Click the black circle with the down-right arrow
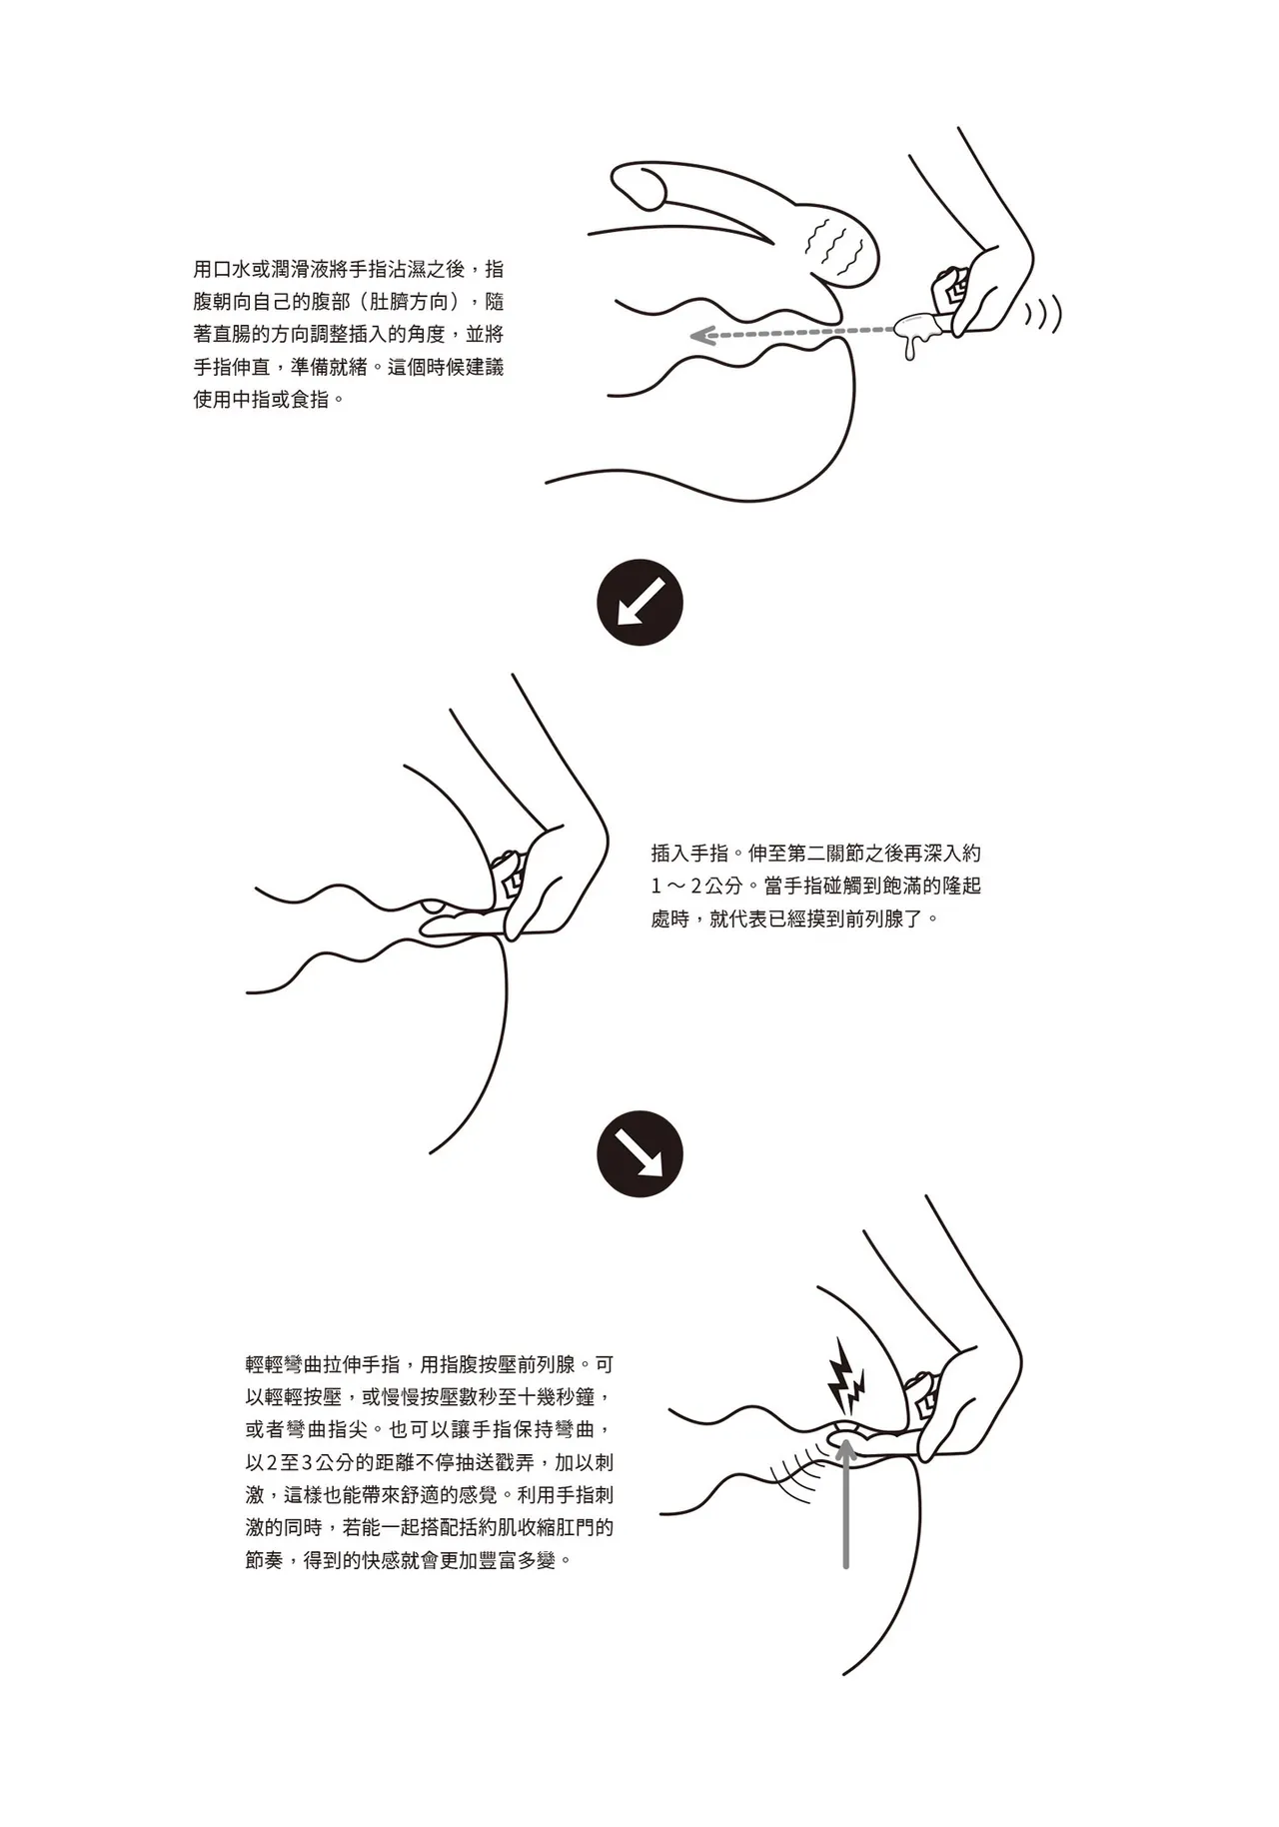pyautogui.click(x=639, y=1155)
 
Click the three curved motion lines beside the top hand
pyautogui.click(x=1044, y=314)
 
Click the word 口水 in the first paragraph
pyautogui.click(x=238, y=269)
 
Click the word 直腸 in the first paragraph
pyautogui.click(x=238, y=334)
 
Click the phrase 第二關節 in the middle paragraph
pyautogui.click(x=815, y=854)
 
